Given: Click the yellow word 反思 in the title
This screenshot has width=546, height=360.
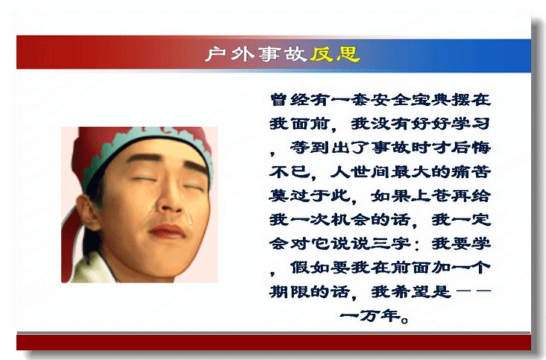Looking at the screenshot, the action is [335, 54].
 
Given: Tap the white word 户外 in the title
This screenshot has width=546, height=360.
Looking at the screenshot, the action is [230, 54].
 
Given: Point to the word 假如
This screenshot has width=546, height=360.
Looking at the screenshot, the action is [310, 268].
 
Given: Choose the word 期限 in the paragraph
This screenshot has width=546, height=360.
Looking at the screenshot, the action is [289, 291].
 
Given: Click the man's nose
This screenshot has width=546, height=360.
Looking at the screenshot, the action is [171, 198].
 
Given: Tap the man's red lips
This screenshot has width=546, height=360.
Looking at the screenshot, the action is [166, 231].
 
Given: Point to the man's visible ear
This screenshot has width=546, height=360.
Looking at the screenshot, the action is [87, 212].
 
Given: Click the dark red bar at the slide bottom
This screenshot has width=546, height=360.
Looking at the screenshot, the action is [274, 343].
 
